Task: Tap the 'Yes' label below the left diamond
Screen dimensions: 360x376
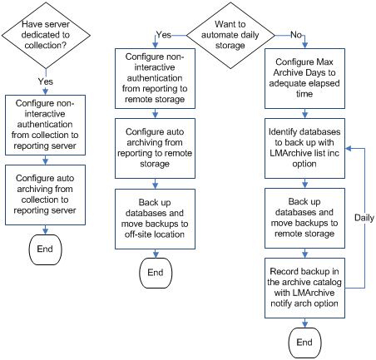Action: click(47, 81)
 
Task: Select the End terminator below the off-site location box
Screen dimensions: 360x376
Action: click(156, 272)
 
